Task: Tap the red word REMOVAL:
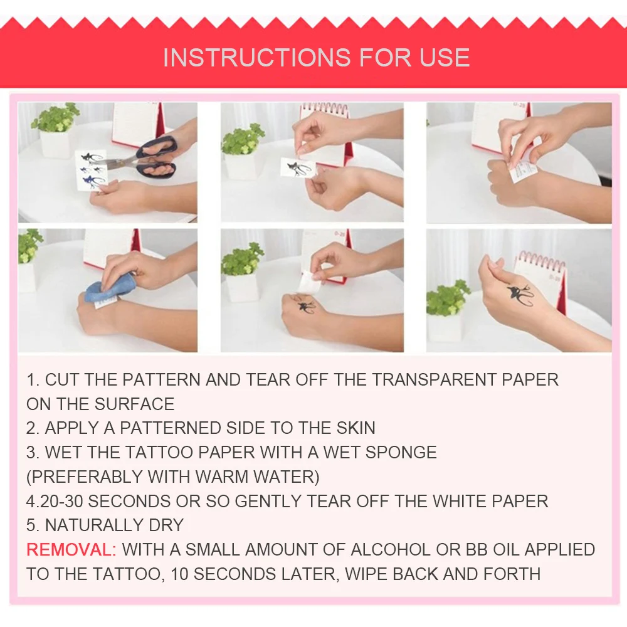71,550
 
